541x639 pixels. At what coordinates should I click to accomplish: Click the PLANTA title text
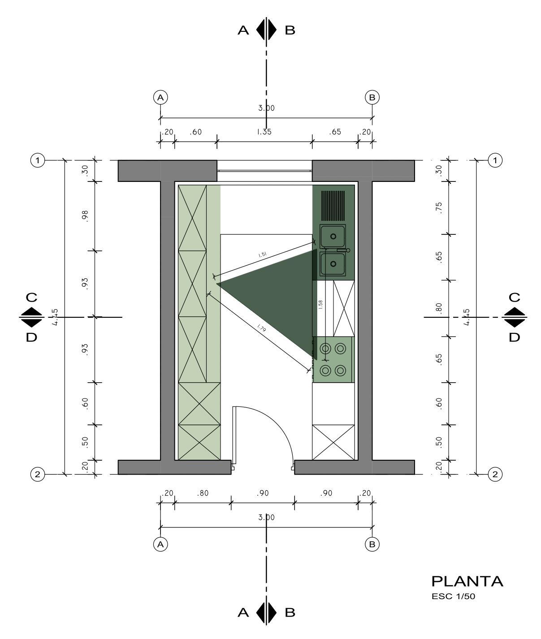(467, 582)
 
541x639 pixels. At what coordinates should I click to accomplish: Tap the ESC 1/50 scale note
(453, 596)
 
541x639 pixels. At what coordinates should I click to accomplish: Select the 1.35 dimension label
(264, 132)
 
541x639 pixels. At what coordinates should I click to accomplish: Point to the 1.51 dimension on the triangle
(263, 255)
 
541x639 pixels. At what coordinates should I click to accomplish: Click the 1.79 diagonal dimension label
(261, 328)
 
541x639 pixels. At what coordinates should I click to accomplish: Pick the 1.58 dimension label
(320, 305)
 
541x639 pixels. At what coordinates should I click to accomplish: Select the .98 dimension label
(85, 216)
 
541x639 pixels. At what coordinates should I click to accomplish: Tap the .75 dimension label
(439, 208)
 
